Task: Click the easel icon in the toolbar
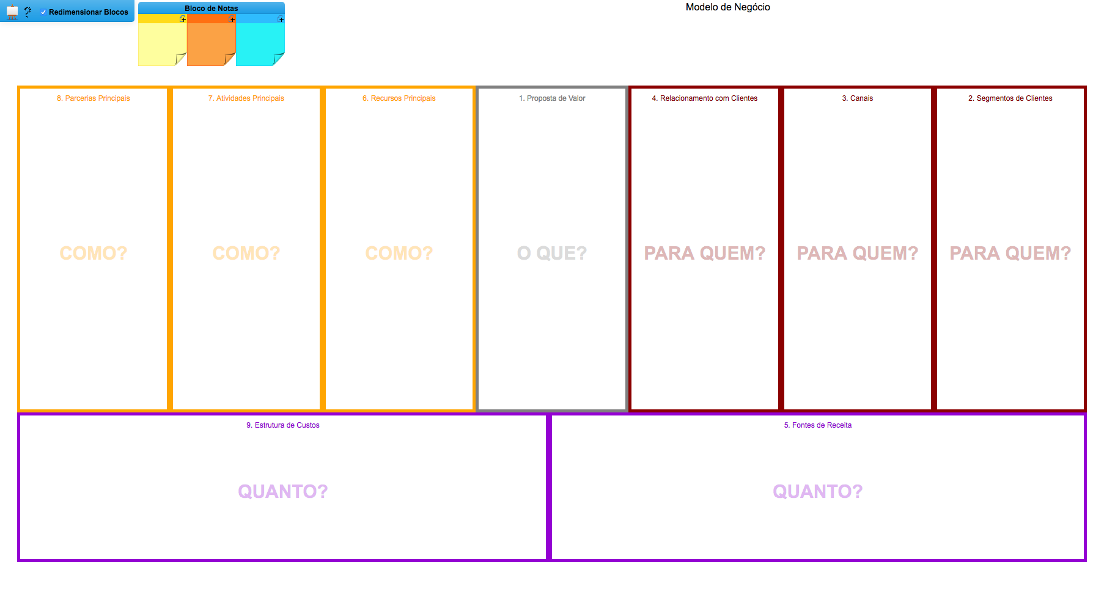pyautogui.click(x=12, y=12)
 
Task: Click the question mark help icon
pyautogui.click(x=28, y=12)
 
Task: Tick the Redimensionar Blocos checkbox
pyautogui.click(x=43, y=12)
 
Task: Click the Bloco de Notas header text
pyautogui.click(x=212, y=9)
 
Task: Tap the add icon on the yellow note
pyautogui.click(x=183, y=20)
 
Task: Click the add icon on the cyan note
pyautogui.click(x=281, y=20)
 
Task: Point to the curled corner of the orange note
pyautogui.click(x=230, y=59)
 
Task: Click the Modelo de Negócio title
pyautogui.click(x=727, y=7)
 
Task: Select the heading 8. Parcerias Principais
pyautogui.click(x=94, y=98)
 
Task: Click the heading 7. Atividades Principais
pyautogui.click(x=246, y=98)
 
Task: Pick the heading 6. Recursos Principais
pyautogui.click(x=399, y=98)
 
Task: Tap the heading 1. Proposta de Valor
pyautogui.click(x=552, y=98)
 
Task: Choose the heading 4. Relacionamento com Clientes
pyautogui.click(x=705, y=98)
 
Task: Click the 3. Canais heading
pyautogui.click(x=858, y=98)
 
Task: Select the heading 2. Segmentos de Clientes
pyautogui.click(x=1010, y=98)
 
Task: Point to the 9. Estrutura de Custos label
pyautogui.click(x=283, y=425)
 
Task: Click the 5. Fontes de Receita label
pyautogui.click(x=818, y=425)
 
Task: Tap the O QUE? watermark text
pyautogui.click(x=552, y=253)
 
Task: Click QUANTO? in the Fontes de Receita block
pyautogui.click(x=818, y=491)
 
